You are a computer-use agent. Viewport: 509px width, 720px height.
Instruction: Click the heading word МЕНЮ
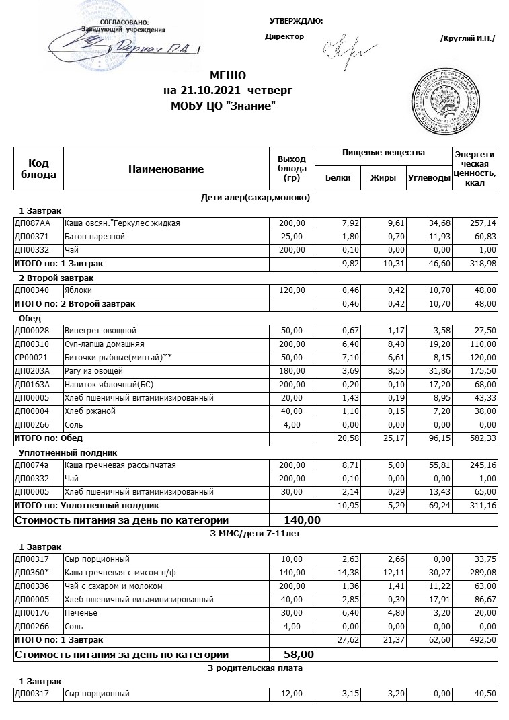(x=228, y=75)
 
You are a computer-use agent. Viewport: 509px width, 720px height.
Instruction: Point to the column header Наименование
(x=165, y=169)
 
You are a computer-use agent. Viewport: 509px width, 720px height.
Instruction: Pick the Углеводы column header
(x=428, y=178)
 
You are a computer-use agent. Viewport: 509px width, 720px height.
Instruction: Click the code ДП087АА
(x=32, y=223)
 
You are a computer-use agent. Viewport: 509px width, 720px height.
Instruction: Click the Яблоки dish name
(x=78, y=290)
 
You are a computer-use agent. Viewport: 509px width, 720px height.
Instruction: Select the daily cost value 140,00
(x=293, y=520)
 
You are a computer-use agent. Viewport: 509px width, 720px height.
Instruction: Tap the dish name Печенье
(x=81, y=613)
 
